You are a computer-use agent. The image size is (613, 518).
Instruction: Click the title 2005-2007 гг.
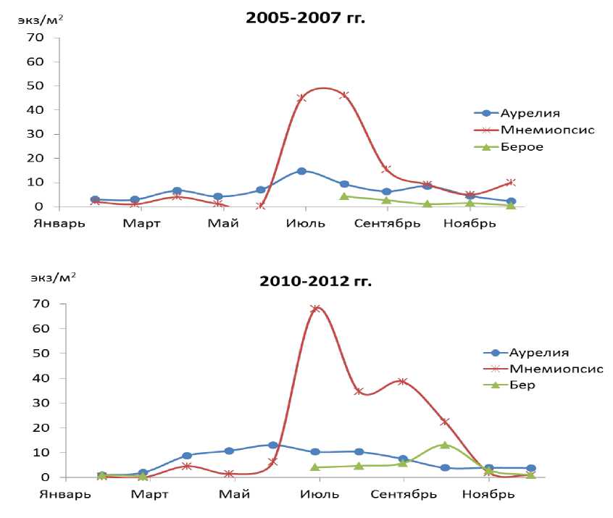306,17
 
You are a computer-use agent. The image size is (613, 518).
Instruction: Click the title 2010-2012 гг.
315,281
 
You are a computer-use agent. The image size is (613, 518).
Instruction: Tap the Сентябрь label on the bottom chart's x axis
404,495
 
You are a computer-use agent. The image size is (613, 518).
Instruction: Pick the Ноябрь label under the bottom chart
488,495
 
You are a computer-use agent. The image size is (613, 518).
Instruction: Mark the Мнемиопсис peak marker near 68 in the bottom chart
316,309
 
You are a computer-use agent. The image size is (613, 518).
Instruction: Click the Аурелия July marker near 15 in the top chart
301,171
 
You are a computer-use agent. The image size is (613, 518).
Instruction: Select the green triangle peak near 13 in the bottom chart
445,445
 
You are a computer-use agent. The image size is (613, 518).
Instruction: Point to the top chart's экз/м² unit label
41,20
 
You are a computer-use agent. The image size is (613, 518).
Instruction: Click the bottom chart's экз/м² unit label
53,277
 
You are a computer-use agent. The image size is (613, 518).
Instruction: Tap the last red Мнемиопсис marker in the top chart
511,183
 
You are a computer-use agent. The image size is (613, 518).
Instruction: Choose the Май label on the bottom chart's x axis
233,495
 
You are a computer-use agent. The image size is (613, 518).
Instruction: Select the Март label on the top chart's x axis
141,223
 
